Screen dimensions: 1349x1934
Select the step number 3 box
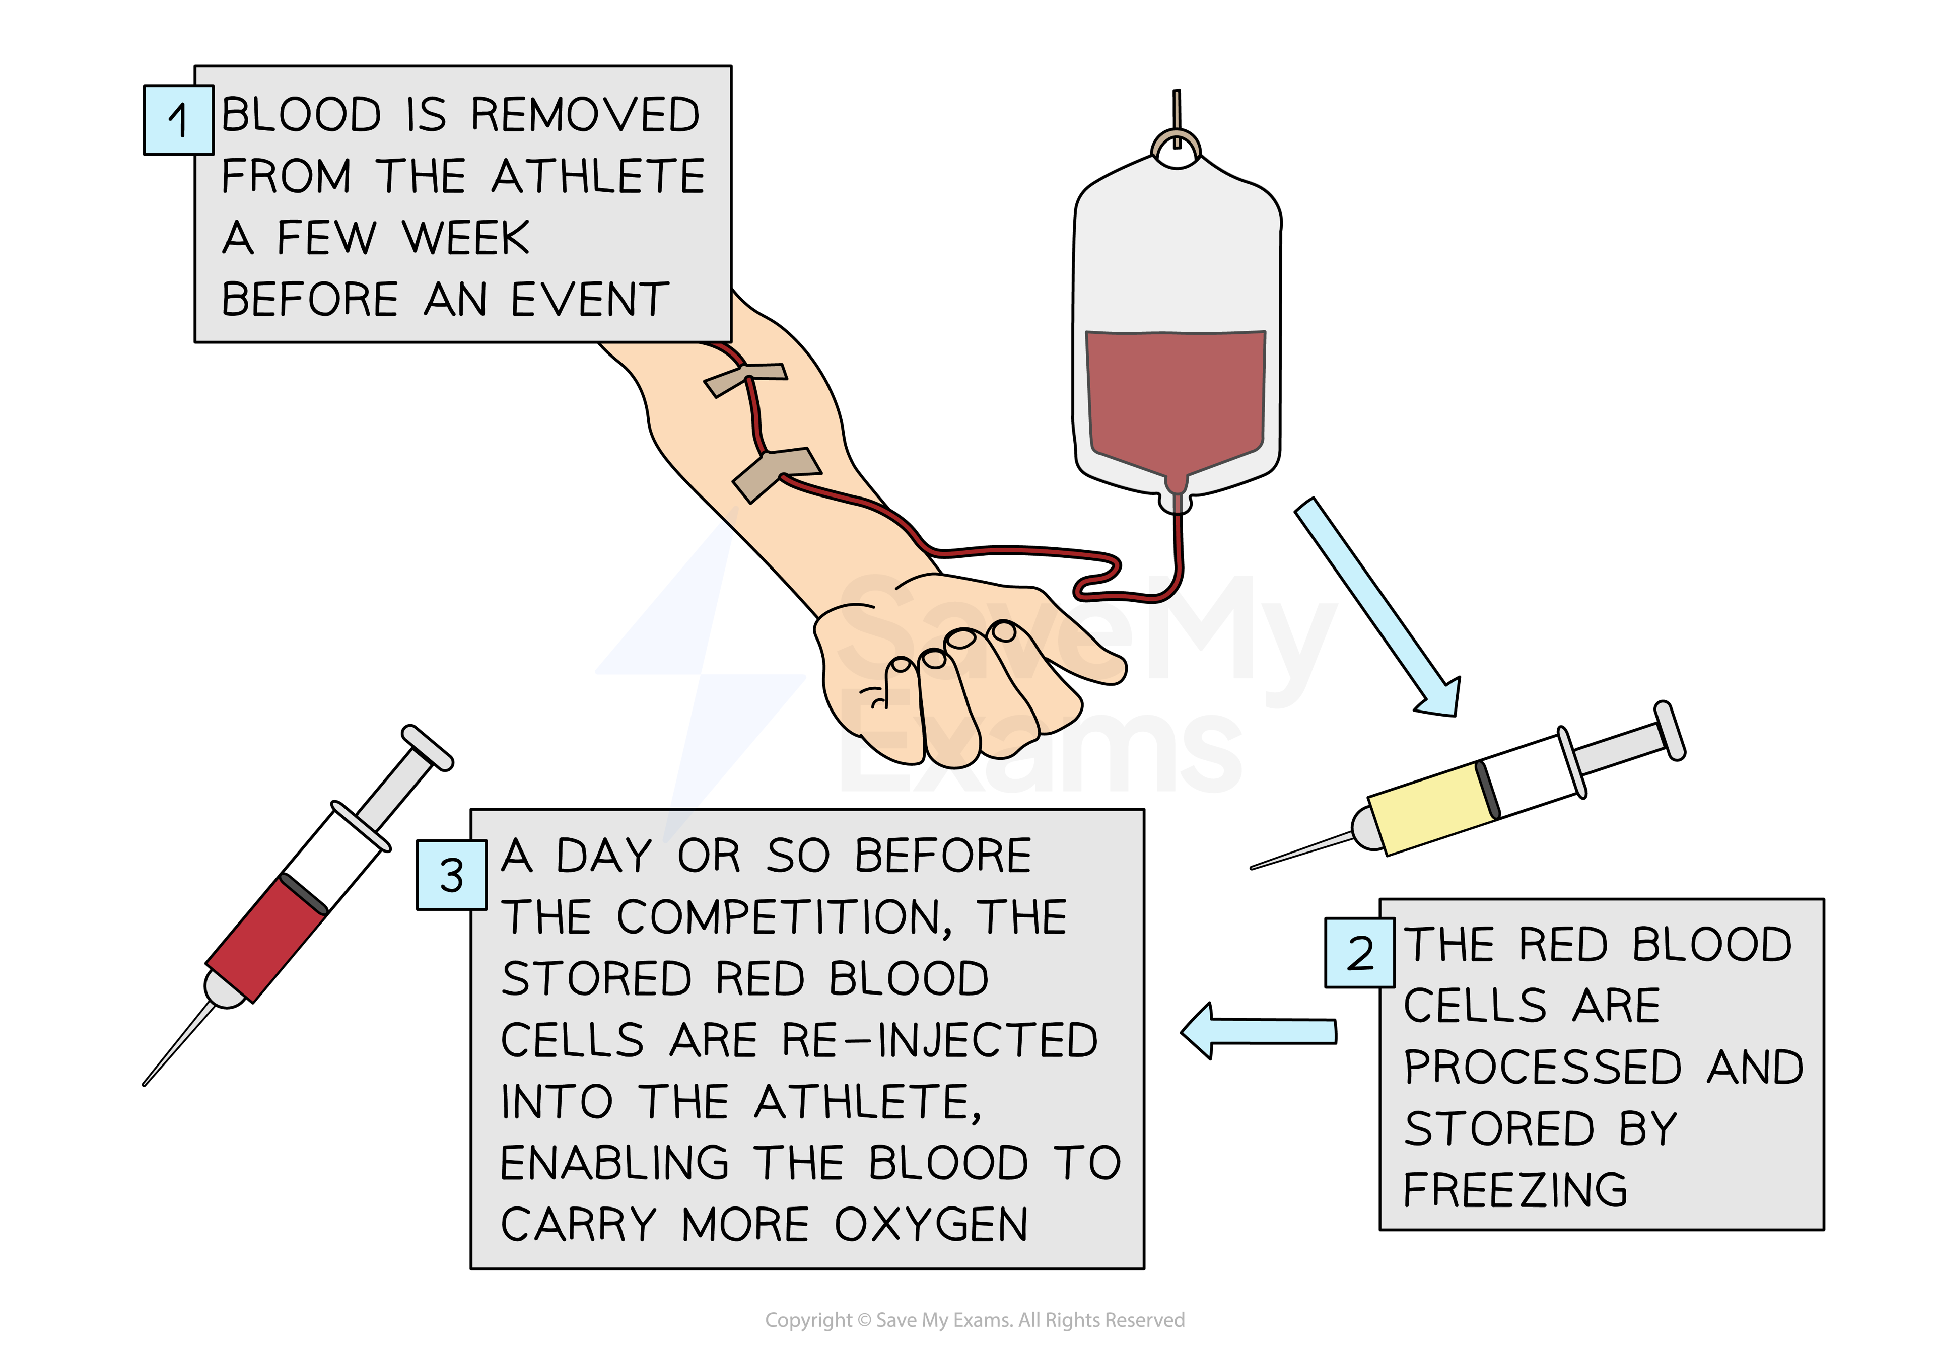click(x=452, y=875)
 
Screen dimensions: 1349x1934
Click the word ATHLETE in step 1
click(x=597, y=176)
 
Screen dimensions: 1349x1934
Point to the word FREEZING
click(x=1514, y=1190)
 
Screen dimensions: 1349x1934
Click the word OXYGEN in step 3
click(x=931, y=1225)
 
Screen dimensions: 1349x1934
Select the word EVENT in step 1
click(x=590, y=299)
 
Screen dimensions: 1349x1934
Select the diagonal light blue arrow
click(x=1377, y=606)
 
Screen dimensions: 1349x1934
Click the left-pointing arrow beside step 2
click(x=1259, y=1031)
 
